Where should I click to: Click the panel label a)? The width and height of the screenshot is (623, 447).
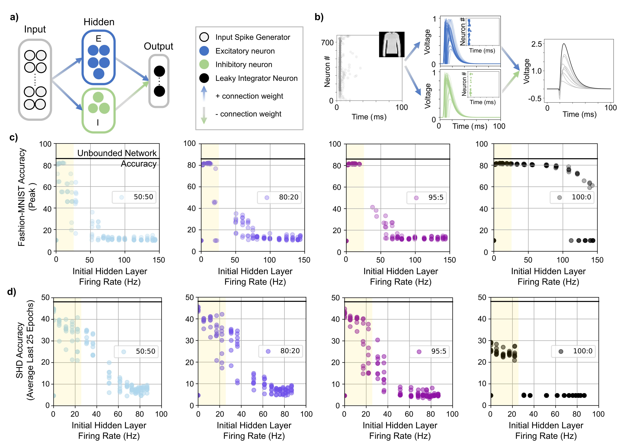coord(14,17)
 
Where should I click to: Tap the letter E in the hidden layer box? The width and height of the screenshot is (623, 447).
coord(98,39)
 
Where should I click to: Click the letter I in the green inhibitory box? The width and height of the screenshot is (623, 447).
coord(98,123)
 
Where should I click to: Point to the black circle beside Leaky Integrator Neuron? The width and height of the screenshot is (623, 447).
coord(204,78)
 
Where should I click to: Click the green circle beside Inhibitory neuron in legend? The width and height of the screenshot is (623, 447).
coord(204,65)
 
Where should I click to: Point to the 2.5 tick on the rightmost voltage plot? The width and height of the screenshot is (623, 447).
coord(536,44)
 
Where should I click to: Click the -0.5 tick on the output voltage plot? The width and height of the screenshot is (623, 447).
coord(535,98)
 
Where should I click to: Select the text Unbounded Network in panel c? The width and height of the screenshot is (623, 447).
coord(117,153)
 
